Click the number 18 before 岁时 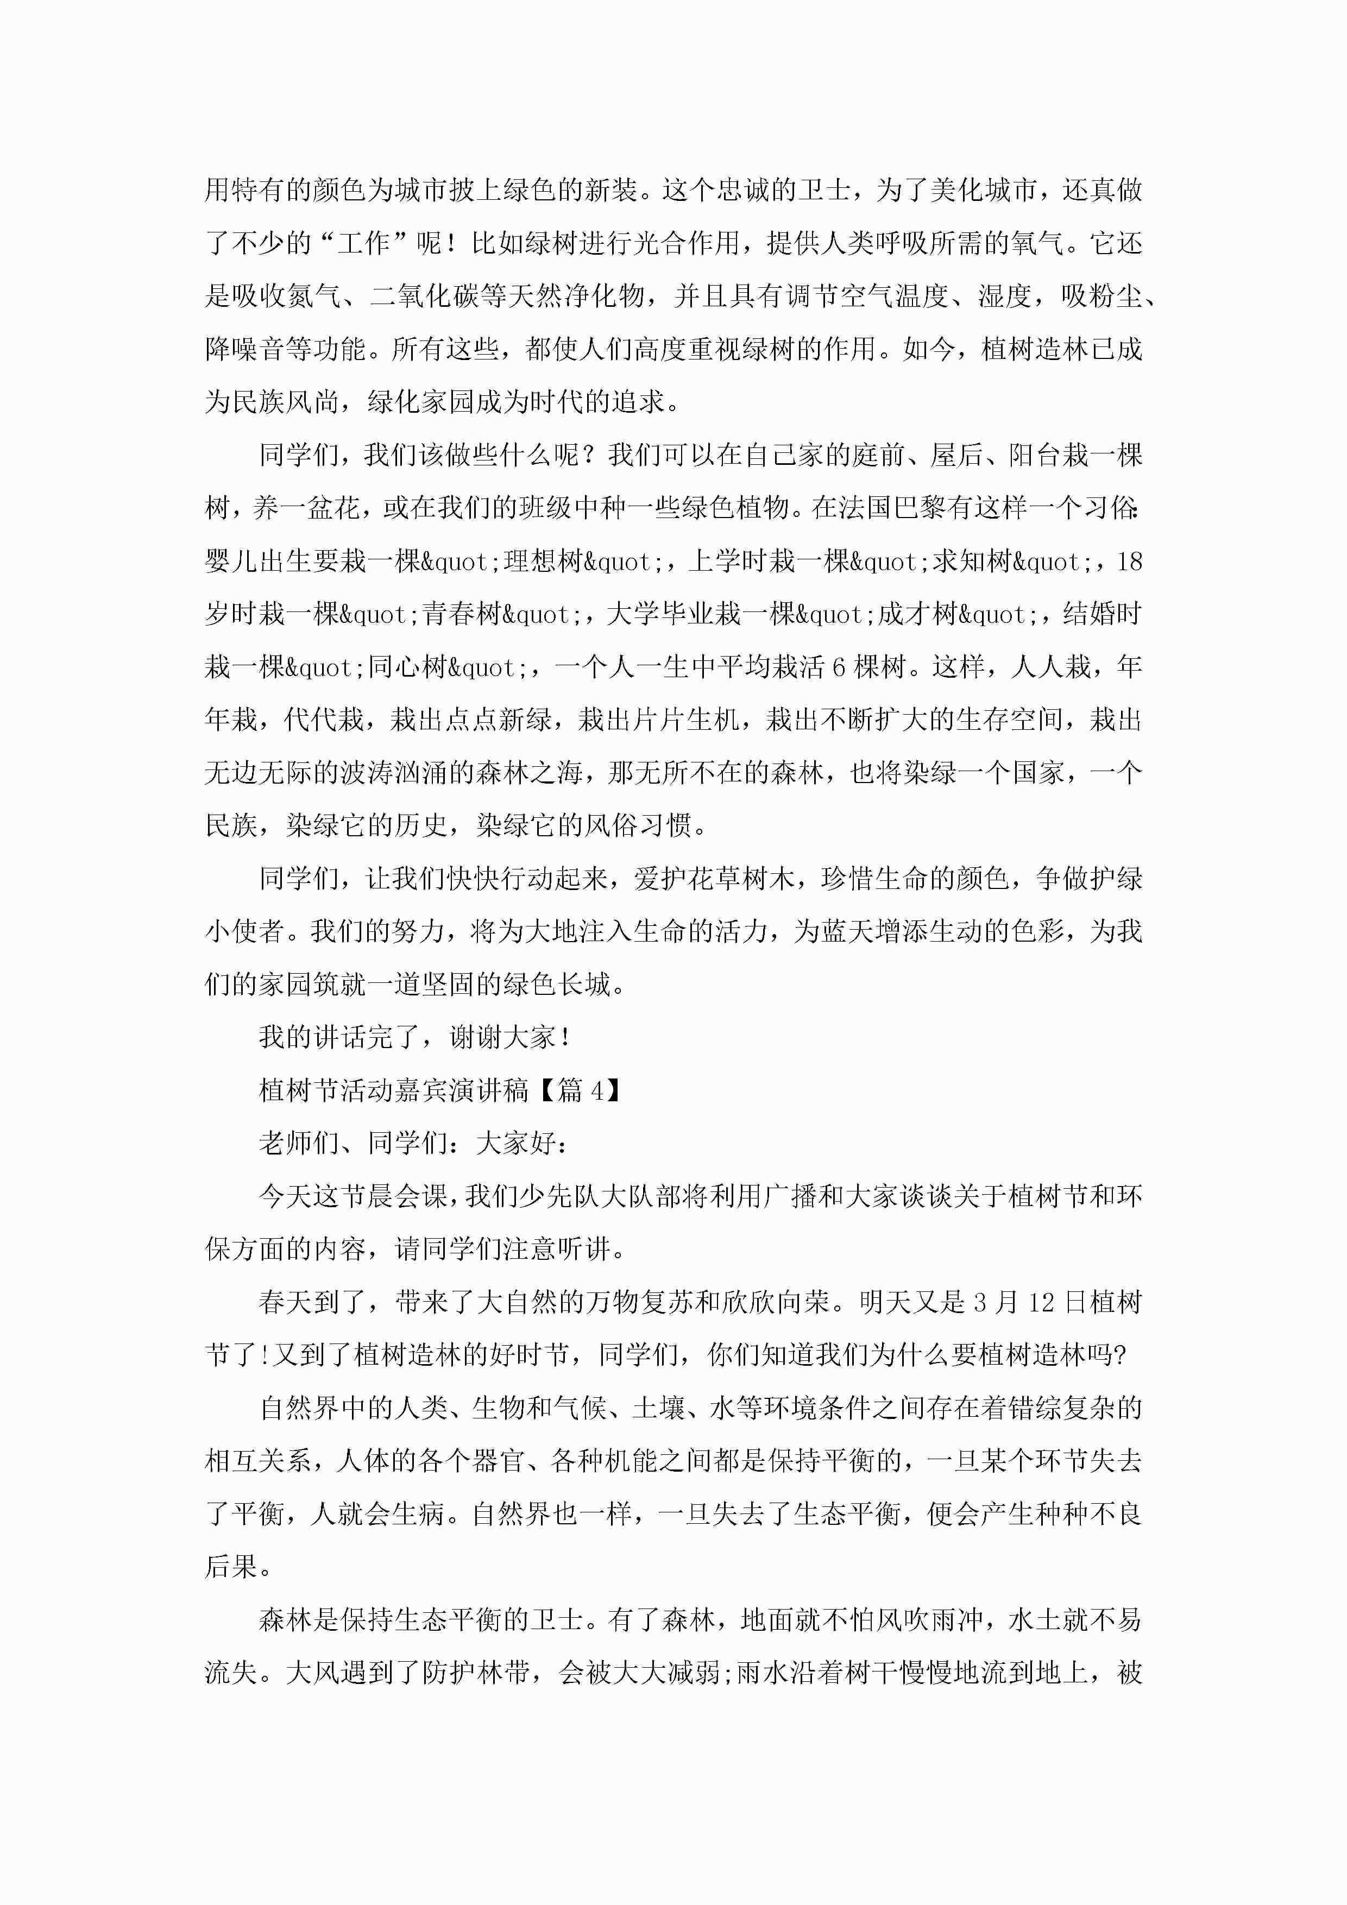(x=1130, y=562)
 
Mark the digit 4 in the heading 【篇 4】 (x=597, y=1091)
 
